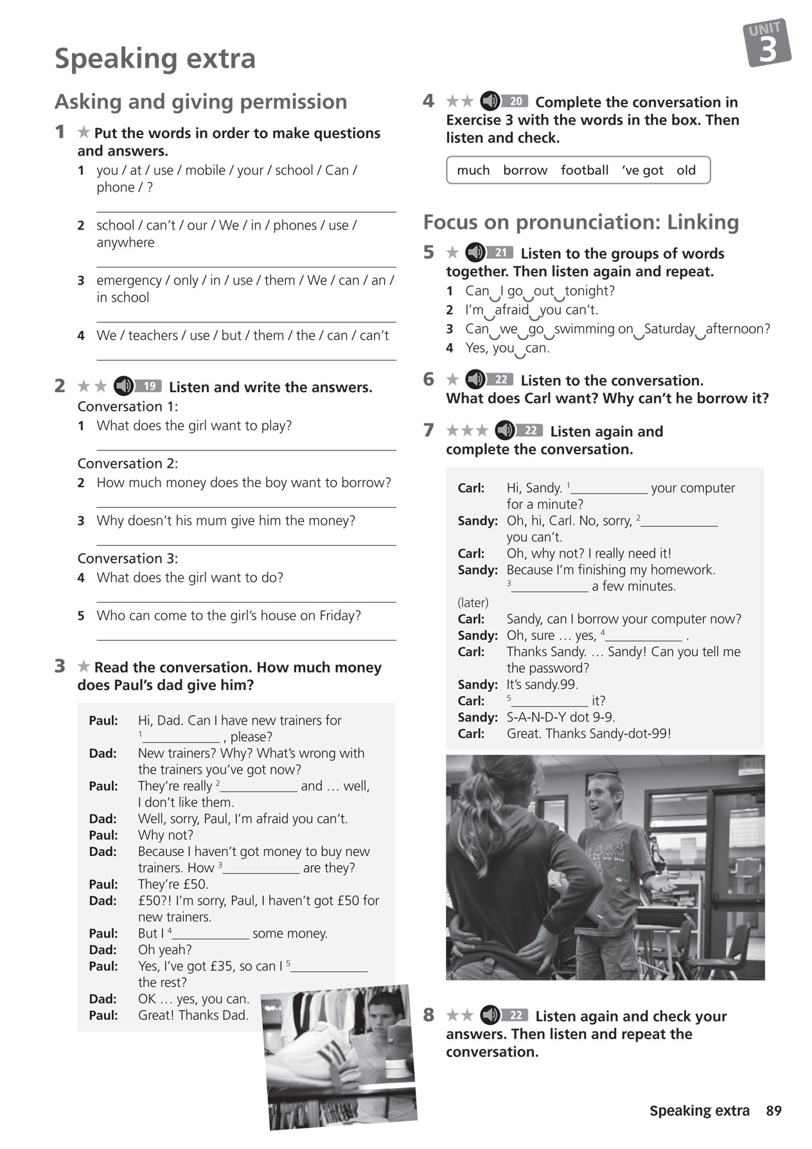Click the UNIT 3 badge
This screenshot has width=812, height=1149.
pyautogui.click(x=767, y=43)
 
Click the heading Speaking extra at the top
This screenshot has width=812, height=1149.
pyautogui.click(x=155, y=58)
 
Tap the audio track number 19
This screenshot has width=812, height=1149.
pyautogui.click(x=149, y=386)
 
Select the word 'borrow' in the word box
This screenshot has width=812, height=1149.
pyautogui.click(x=525, y=170)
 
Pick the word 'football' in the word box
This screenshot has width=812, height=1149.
pyautogui.click(x=584, y=170)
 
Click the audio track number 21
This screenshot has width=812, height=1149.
pyautogui.click(x=500, y=253)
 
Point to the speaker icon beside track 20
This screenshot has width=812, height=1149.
pyautogui.click(x=490, y=101)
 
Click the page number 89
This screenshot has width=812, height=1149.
pyautogui.click(x=773, y=1110)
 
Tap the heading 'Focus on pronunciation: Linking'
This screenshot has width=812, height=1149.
pyautogui.click(x=581, y=222)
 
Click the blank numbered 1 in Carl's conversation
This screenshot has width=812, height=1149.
pyautogui.click(x=610, y=488)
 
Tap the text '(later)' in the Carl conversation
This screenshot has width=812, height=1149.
pyautogui.click(x=473, y=603)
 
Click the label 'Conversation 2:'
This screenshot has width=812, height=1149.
pyautogui.click(x=127, y=463)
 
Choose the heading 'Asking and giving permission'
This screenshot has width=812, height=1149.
pyautogui.click(x=200, y=102)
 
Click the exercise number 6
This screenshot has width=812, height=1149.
pyautogui.click(x=428, y=379)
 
